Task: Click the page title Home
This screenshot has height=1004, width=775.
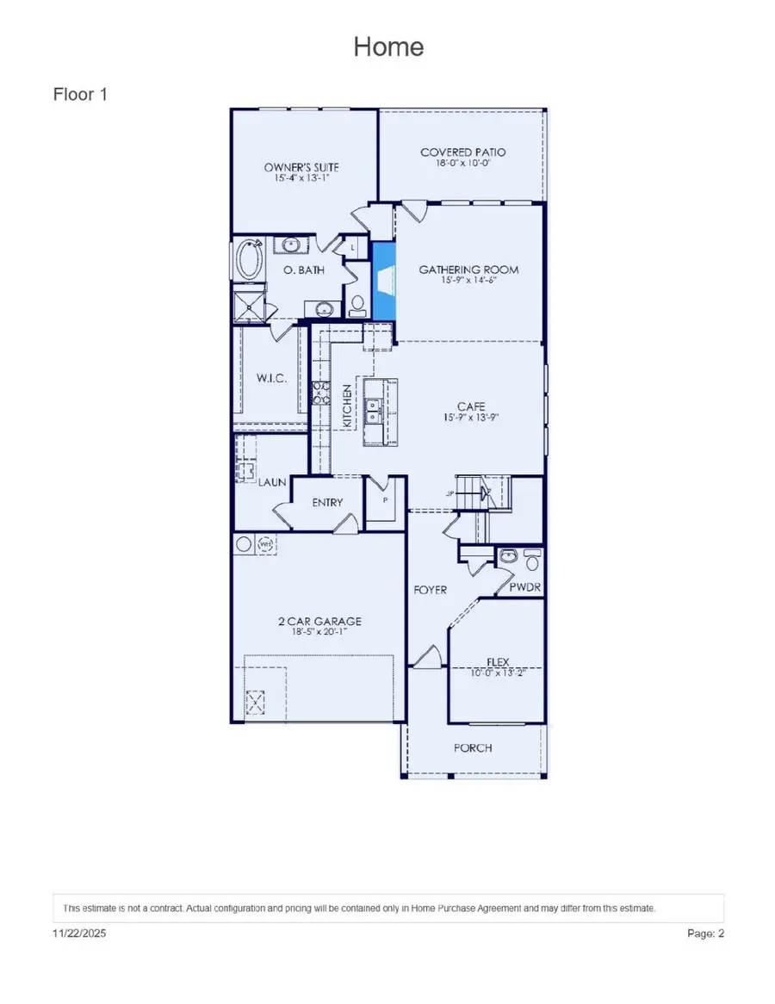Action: (388, 46)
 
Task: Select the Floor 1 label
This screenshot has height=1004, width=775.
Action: (80, 94)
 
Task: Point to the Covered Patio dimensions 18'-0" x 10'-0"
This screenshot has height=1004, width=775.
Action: (462, 163)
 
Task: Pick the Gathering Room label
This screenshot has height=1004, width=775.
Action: (468, 270)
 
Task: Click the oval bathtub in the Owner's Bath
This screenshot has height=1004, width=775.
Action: (249, 258)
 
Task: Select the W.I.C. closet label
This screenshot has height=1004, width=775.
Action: (270, 378)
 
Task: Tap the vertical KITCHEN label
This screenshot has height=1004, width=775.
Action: (347, 406)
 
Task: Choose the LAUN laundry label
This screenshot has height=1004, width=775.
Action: (272, 483)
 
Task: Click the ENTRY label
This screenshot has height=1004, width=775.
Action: (327, 503)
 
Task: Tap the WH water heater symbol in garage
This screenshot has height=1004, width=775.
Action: (266, 544)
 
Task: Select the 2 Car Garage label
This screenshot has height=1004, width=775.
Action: (319, 621)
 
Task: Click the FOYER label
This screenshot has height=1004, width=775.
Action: (430, 590)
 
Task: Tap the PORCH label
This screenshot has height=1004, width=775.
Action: (473, 747)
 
